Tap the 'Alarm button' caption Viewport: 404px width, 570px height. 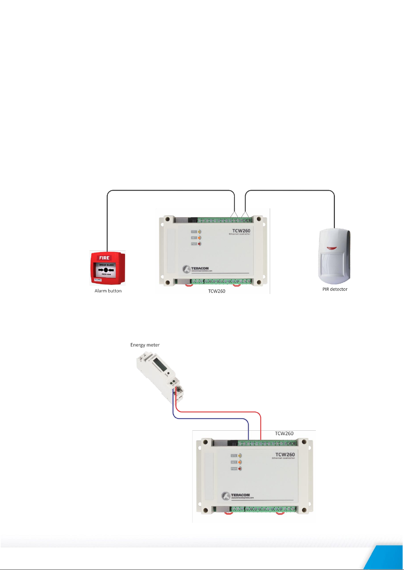(108, 291)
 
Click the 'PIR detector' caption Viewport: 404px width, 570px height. (335, 289)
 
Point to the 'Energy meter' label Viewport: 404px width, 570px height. (145, 345)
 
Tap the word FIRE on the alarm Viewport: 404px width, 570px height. (104, 258)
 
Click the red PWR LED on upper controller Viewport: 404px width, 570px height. (199, 244)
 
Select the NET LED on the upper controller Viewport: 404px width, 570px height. (199, 238)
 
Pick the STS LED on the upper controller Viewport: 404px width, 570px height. (199, 232)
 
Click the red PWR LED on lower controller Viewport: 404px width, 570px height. (240, 469)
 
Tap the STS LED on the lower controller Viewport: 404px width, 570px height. (240, 456)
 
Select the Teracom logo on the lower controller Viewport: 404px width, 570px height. (238, 496)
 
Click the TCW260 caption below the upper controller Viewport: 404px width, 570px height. (217, 291)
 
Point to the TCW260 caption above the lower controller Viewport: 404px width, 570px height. (284, 433)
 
